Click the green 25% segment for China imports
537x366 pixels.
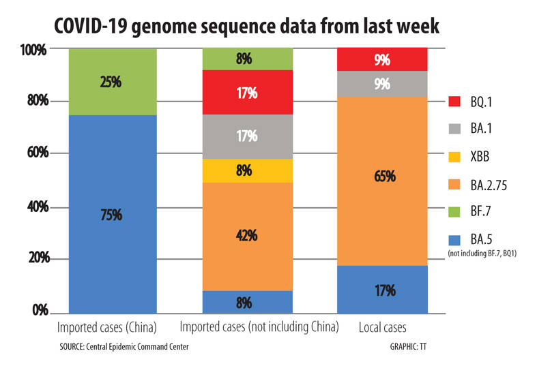tap(112, 82)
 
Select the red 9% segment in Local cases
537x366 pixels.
tap(382, 59)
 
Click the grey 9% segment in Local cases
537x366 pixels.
tap(382, 84)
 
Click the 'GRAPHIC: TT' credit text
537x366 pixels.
tap(403, 346)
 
